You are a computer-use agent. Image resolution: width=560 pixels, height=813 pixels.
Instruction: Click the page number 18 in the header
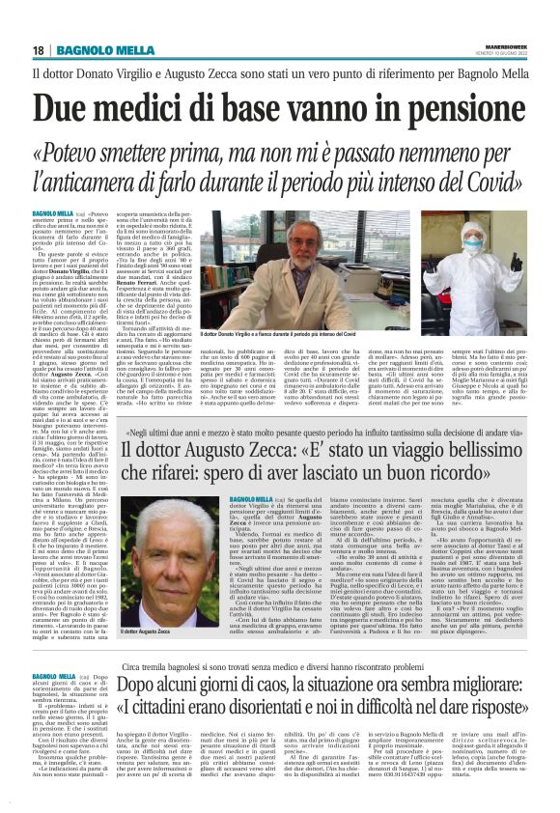pyautogui.click(x=39, y=50)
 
